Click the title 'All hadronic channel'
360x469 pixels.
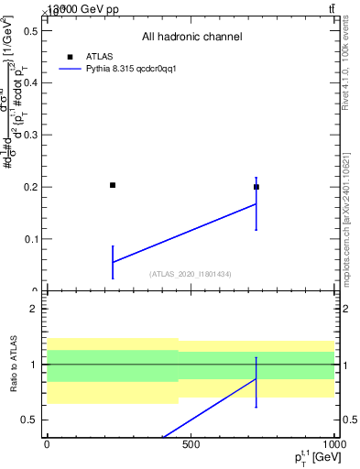tap(191, 38)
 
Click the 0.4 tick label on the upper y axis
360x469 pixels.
tap(28, 83)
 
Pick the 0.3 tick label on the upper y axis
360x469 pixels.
tap(28, 135)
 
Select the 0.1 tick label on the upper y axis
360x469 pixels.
tap(28, 239)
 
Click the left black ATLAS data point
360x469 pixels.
tap(113, 185)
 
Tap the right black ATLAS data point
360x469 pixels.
tap(256, 187)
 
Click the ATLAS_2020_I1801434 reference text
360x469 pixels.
tap(191, 274)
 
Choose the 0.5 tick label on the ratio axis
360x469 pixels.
tap(28, 420)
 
